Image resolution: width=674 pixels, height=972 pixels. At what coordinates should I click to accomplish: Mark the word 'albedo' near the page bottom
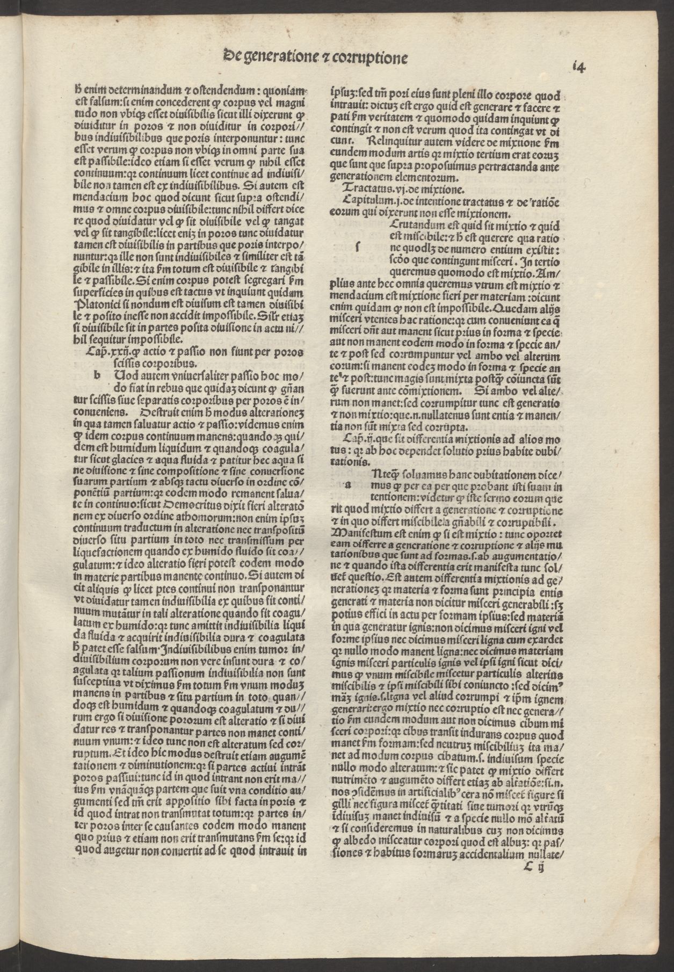pos(365,840)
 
